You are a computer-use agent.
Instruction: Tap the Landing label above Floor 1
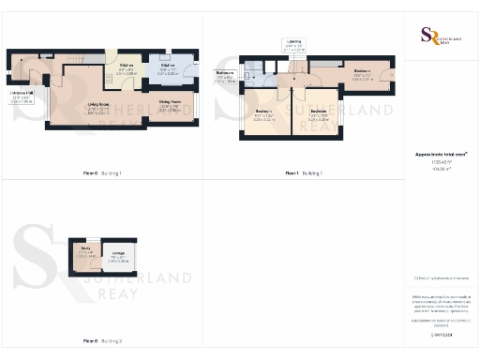tap(292, 45)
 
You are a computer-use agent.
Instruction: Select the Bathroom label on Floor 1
tap(226, 77)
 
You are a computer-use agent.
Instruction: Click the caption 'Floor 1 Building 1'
tap(304, 173)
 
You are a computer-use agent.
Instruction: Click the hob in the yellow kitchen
tap(111, 59)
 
